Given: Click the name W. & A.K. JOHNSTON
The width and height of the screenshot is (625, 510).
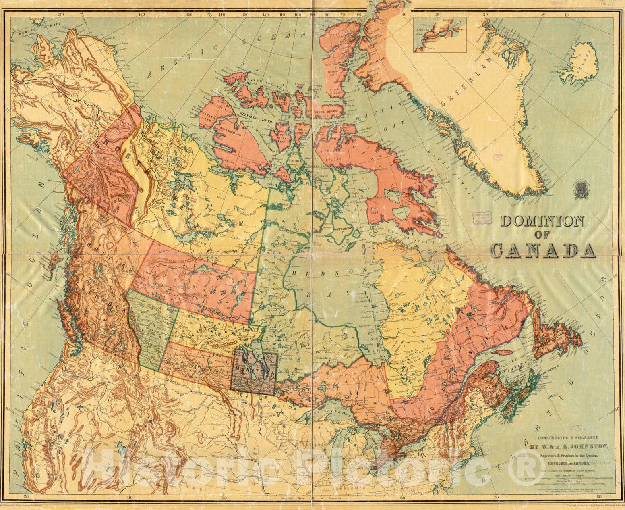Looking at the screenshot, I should pos(568,446).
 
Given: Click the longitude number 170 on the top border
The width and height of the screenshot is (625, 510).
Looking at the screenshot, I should pos(61,15).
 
